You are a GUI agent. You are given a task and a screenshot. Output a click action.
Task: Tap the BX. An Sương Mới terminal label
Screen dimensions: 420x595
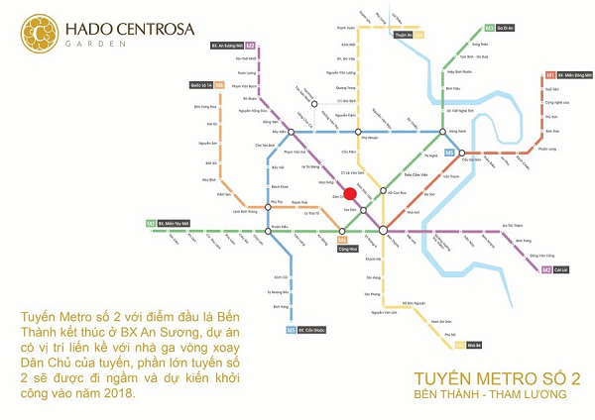point(232,46)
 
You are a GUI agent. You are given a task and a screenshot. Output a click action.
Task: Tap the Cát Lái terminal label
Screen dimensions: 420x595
point(559,269)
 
